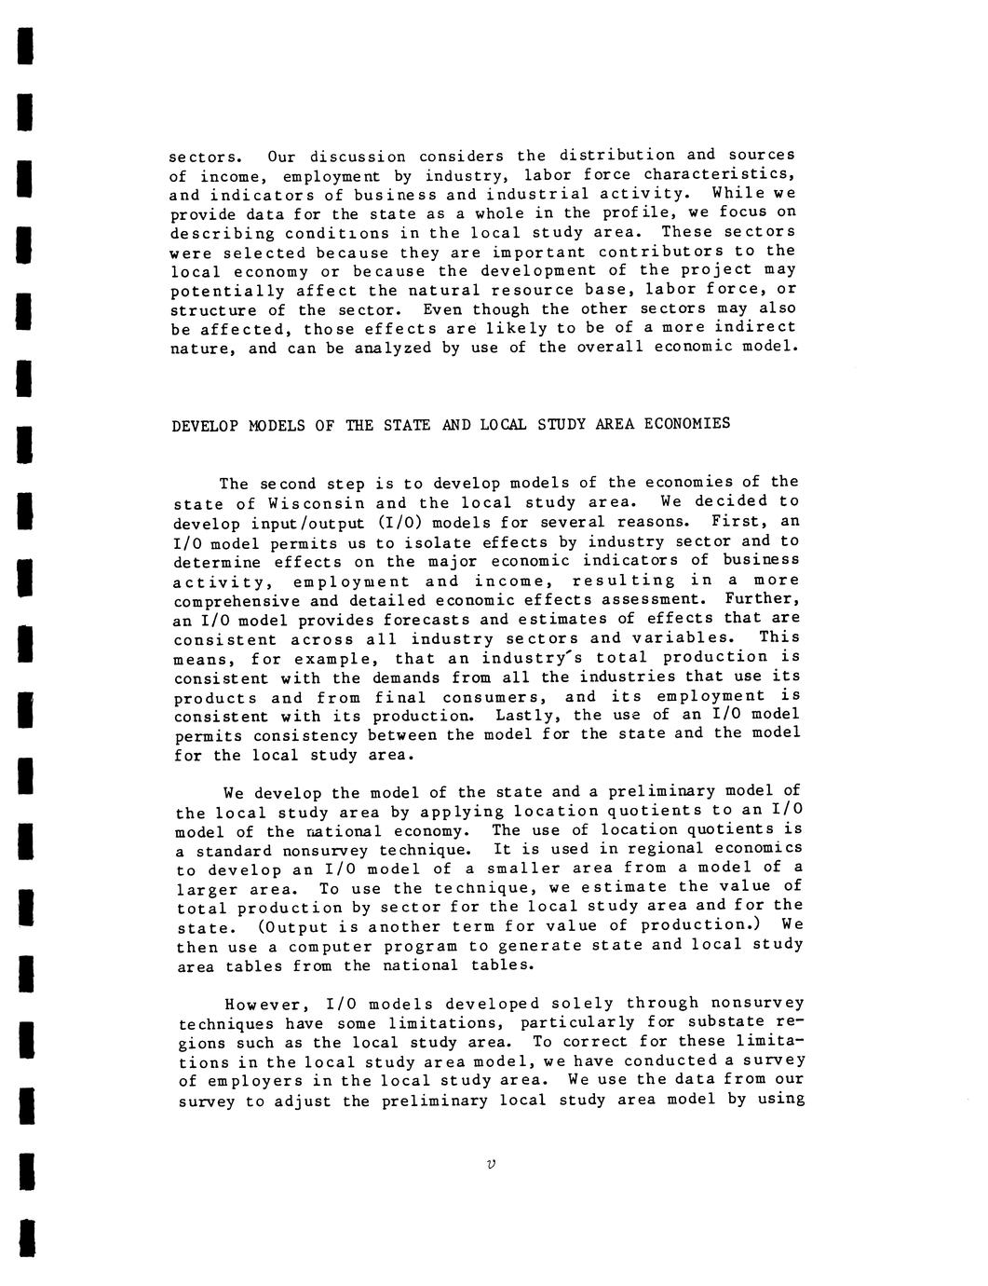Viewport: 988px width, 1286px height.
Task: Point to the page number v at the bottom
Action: click(491, 1164)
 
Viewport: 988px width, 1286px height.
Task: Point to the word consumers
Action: click(493, 697)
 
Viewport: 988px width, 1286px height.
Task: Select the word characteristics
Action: click(731, 174)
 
